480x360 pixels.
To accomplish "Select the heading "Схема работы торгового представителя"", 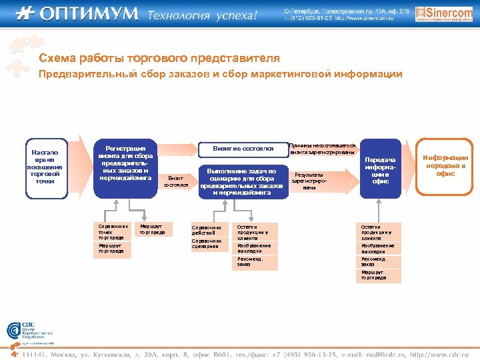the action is click(159, 59).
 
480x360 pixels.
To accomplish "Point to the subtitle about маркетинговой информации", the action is click(220, 74).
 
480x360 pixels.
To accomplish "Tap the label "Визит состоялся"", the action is click(177, 181).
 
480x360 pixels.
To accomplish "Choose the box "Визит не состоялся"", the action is click(243, 148).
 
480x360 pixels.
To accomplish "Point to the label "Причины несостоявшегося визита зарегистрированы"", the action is click(323, 149).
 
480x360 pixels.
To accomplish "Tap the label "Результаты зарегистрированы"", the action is click(309, 181).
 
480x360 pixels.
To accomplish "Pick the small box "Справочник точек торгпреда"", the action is click(111, 231).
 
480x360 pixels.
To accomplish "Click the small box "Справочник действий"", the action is click(209, 230).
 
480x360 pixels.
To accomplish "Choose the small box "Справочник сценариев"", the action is click(209, 244).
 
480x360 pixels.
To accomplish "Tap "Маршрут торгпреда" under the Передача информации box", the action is click(378, 275).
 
